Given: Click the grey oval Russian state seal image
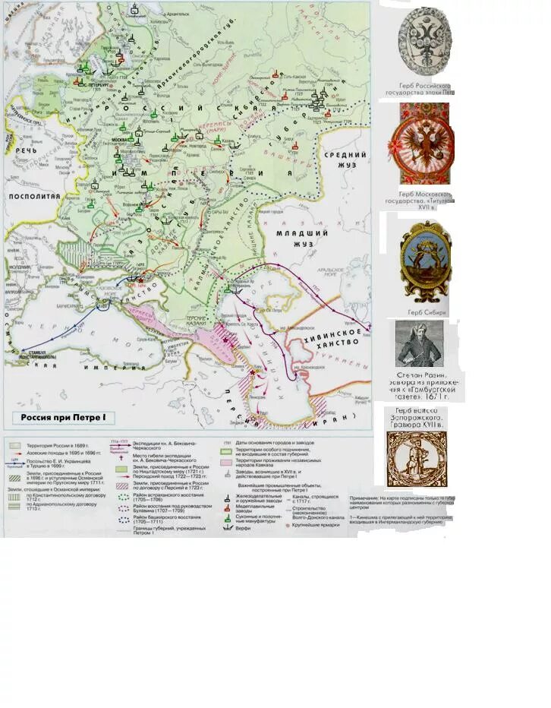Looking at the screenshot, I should tap(425, 41).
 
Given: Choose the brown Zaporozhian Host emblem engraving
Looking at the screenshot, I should tap(416, 460).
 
